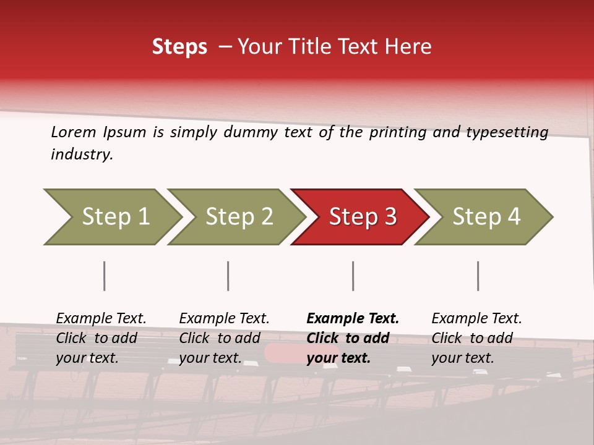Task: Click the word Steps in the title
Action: [x=179, y=47]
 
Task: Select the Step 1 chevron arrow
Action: [x=113, y=217]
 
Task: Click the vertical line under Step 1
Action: [x=105, y=276]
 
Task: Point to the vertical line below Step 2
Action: [x=228, y=276]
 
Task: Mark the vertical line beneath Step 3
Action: [x=353, y=276]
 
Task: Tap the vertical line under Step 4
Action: [x=478, y=276]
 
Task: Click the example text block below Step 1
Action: [x=101, y=338]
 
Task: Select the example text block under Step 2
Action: [x=224, y=338]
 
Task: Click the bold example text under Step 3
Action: [x=353, y=338]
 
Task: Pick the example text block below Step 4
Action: [x=476, y=338]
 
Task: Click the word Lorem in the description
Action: [x=74, y=132]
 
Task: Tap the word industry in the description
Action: [x=82, y=155]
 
